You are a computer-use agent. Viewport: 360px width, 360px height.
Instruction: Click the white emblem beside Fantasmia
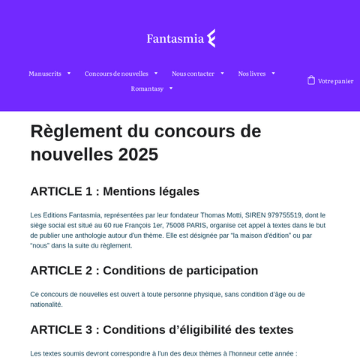pyautogui.click(x=211, y=38)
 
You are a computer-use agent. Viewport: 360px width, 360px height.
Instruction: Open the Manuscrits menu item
pyautogui.click(x=45, y=73)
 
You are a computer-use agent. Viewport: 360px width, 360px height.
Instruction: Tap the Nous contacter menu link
pyautogui.click(x=193, y=73)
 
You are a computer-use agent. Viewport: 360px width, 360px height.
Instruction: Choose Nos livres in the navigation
pyautogui.click(x=251, y=73)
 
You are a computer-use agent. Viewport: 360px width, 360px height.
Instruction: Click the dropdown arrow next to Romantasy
pyautogui.click(x=171, y=88)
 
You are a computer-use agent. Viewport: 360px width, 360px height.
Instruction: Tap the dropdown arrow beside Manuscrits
pyautogui.click(x=69, y=73)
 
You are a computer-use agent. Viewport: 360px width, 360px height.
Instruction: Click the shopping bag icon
pyautogui.click(x=310, y=80)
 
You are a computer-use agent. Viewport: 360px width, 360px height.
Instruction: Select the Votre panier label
pyautogui.click(x=335, y=81)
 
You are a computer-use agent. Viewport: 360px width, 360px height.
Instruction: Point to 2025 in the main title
pyautogui.click(x=138, y=154)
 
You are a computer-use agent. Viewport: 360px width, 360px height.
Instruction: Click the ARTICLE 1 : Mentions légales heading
pyautogui.click(x=115, y=191)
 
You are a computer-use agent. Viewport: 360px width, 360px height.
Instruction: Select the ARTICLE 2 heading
pyautogui.click(x=144, y=270)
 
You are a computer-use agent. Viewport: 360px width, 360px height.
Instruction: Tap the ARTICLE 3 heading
pyautogui.click(x=161, y=329)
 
